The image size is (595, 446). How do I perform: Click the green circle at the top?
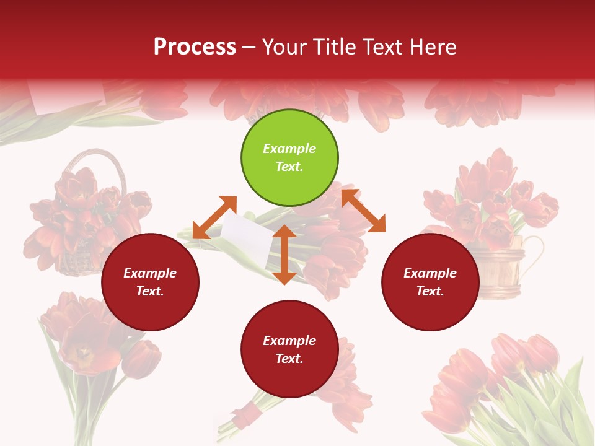click(x=289, y=158)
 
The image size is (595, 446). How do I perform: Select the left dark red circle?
click(x=150, y=282)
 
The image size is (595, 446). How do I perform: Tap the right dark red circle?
click(x=430, y=282)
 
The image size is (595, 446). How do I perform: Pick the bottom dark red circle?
click(x=289, y=349)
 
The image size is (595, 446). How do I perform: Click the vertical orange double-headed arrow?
click(x=284, y=255)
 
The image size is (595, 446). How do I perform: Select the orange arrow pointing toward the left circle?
click(x=214, y=217)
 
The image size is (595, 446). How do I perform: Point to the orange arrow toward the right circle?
click(x=363, y=211)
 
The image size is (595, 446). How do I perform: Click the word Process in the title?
click(x=195, y=47)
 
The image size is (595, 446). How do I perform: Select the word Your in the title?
click(x=284, y=47)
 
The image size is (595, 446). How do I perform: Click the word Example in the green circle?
click(x=289, y=149)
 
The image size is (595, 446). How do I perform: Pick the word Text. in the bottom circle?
click(x=289, y=359)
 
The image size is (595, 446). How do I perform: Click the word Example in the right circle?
click(x=430, y=273)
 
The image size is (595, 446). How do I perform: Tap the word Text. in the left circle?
click(x=150, y=291)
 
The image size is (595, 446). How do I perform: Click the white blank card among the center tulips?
click(x=247, y=237)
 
